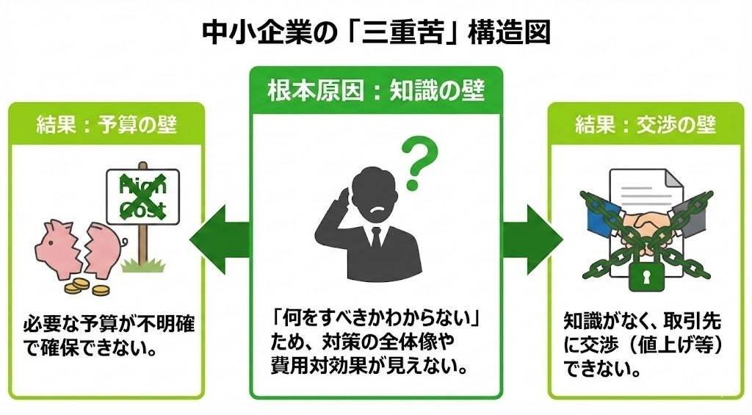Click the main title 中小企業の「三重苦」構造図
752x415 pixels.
pos(375,32)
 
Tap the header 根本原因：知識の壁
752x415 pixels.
pos(375,92)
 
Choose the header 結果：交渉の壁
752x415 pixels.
pos(645,125)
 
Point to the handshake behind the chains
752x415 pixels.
pos(646,223)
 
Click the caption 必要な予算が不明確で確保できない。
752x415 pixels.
pos(108,335)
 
